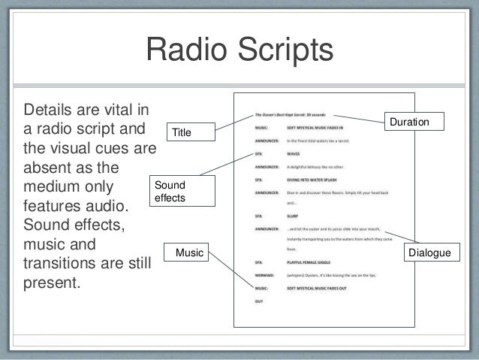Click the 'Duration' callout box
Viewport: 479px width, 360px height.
tap(414, 121)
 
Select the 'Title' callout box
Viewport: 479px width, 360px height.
tap(182, 133)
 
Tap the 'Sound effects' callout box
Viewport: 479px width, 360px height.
tap(173, 192)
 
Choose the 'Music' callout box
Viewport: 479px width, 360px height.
tap(189, 253)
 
